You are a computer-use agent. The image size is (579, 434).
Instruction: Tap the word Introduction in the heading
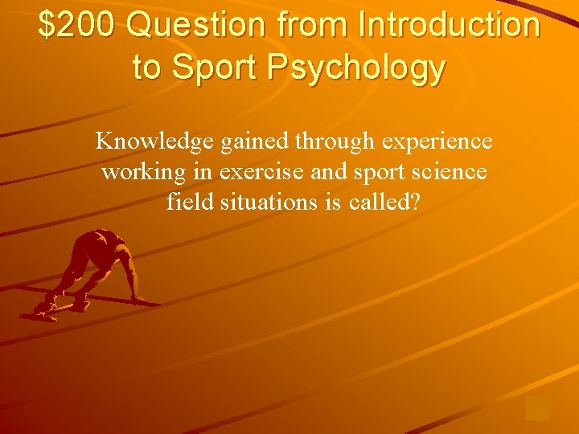click(449, 26)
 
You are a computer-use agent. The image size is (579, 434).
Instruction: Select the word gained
click(253, 142)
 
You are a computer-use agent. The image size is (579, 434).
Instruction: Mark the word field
click(185, 202)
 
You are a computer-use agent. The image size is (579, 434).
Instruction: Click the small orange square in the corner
click(537, 407)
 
